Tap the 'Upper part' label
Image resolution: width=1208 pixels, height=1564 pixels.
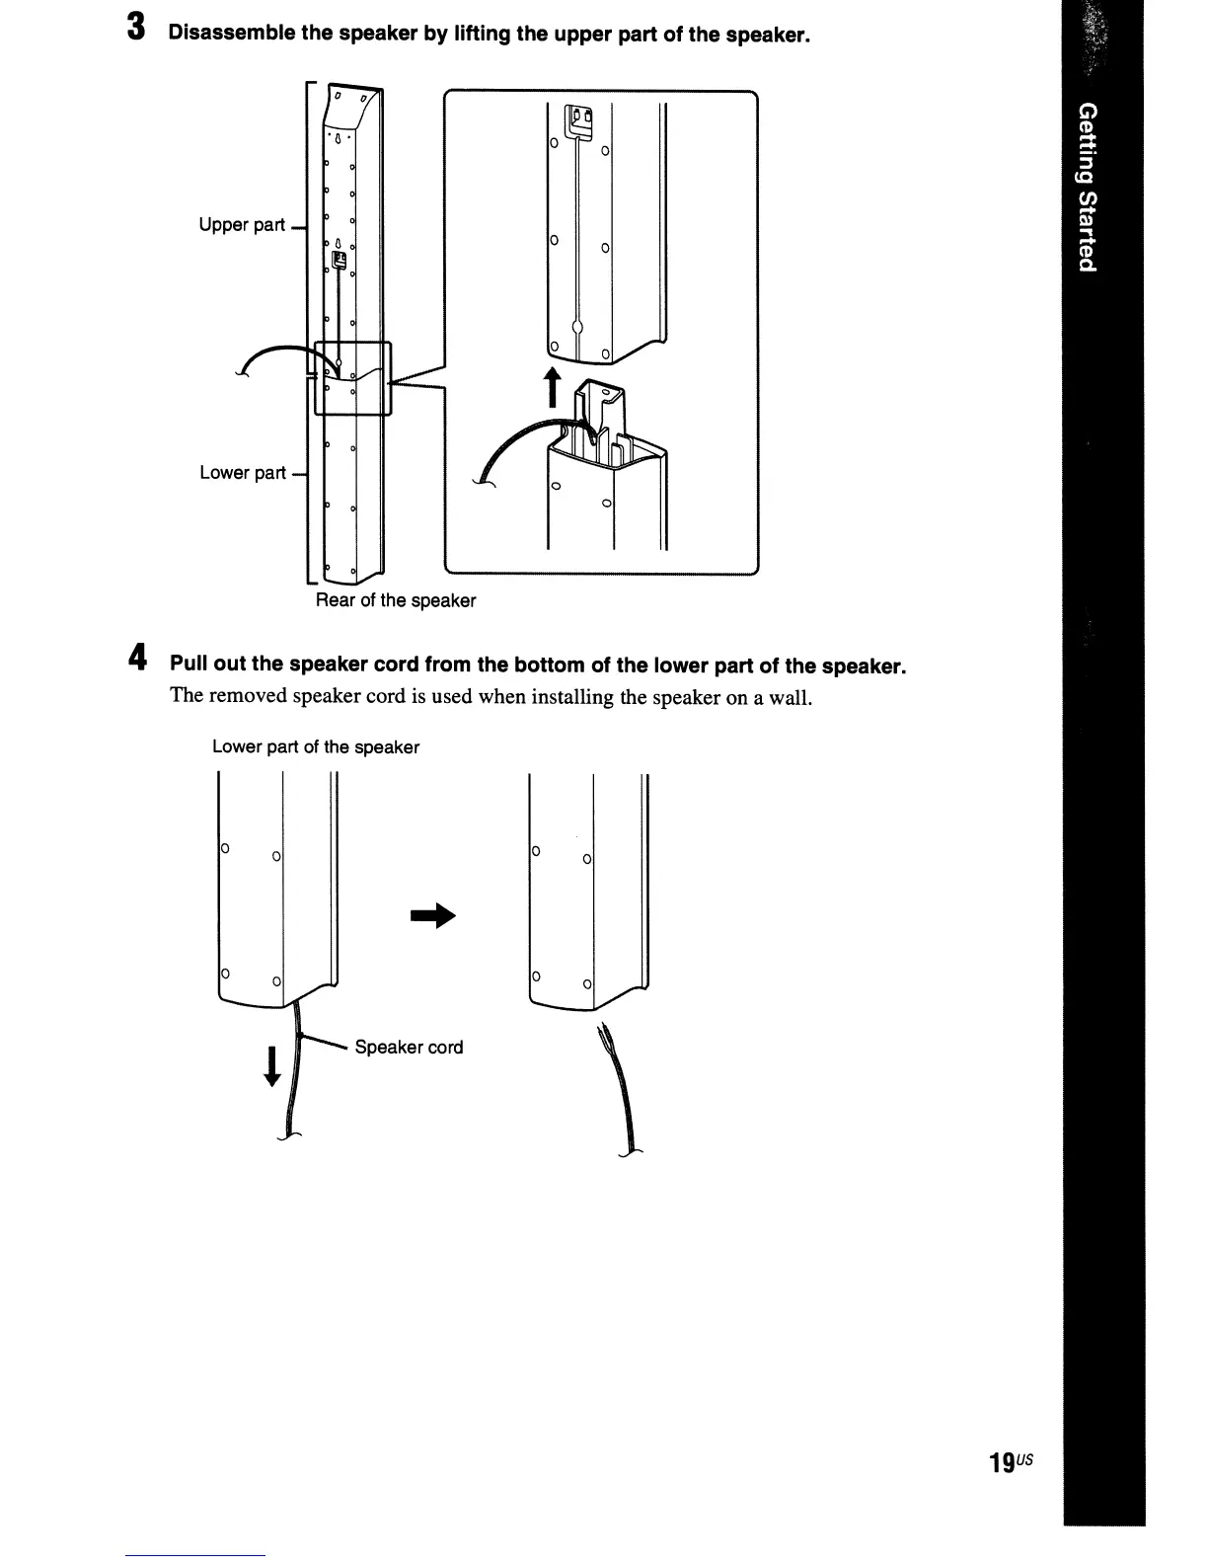coord(242,225)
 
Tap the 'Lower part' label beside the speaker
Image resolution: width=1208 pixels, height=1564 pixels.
coord(242,473)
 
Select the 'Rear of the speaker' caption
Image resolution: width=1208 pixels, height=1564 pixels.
coord(395,600)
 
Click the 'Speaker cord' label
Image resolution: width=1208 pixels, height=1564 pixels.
coord(409,1048)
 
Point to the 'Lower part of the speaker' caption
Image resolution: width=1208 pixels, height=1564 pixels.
coord(316,747)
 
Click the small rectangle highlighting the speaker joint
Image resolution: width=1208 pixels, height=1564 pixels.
coord(352,378)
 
